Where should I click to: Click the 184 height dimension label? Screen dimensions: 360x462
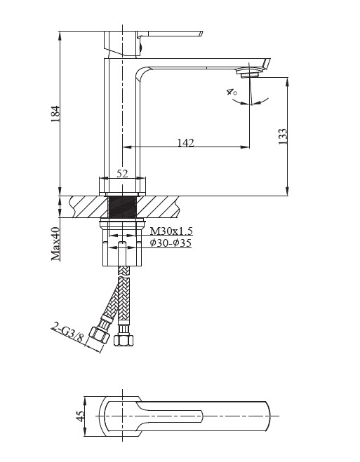click(55, 114)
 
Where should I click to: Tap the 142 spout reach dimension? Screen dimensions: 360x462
click(186, 142)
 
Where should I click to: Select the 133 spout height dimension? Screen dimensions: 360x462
click(282, 136)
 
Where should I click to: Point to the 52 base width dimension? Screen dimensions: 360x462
click(122, 174)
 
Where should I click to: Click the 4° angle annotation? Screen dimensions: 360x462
click(232, 92)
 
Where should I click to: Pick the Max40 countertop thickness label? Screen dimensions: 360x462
click(55, 244)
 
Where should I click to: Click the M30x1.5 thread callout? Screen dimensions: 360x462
click(171, 231)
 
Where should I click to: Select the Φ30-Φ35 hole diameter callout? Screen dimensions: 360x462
click(171, 243)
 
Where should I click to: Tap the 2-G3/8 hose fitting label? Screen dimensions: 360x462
click(67, 332)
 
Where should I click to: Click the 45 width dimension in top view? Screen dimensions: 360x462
click(80, 416)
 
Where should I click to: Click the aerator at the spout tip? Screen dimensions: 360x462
click(248, 72)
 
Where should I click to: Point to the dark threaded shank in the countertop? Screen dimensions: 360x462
click(122, 207)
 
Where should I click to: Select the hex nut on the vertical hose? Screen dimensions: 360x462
click(123, 339)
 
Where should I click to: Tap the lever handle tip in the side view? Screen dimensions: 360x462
click(201, 32)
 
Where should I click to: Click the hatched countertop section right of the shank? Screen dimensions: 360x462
click(159, 207)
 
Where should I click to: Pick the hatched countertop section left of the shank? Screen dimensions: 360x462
click(88, 207)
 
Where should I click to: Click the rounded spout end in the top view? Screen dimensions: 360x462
click(267, 416)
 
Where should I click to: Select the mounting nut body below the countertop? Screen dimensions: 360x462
click(122, 243)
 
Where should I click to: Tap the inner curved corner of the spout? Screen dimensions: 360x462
click(141, 74)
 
